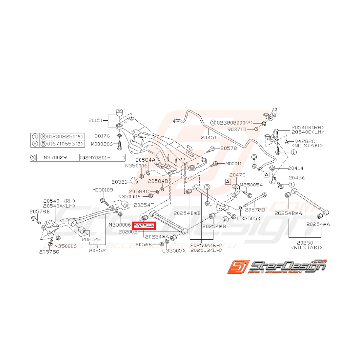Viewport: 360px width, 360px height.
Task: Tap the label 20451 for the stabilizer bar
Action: click(209, 136)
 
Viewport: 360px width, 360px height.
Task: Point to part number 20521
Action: click(119, 181)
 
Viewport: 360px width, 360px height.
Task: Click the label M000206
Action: click(102, 144)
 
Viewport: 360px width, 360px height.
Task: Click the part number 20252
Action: click(97, 250)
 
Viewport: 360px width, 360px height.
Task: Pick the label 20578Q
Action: click(49, 251)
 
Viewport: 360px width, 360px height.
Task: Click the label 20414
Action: click(296, 168)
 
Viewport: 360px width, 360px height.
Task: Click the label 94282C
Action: click(304, 141)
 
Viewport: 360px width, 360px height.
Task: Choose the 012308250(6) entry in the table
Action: click(63, 136)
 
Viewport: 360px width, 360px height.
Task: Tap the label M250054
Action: click(252, 185)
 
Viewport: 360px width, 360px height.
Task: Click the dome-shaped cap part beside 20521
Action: click(134, 180)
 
